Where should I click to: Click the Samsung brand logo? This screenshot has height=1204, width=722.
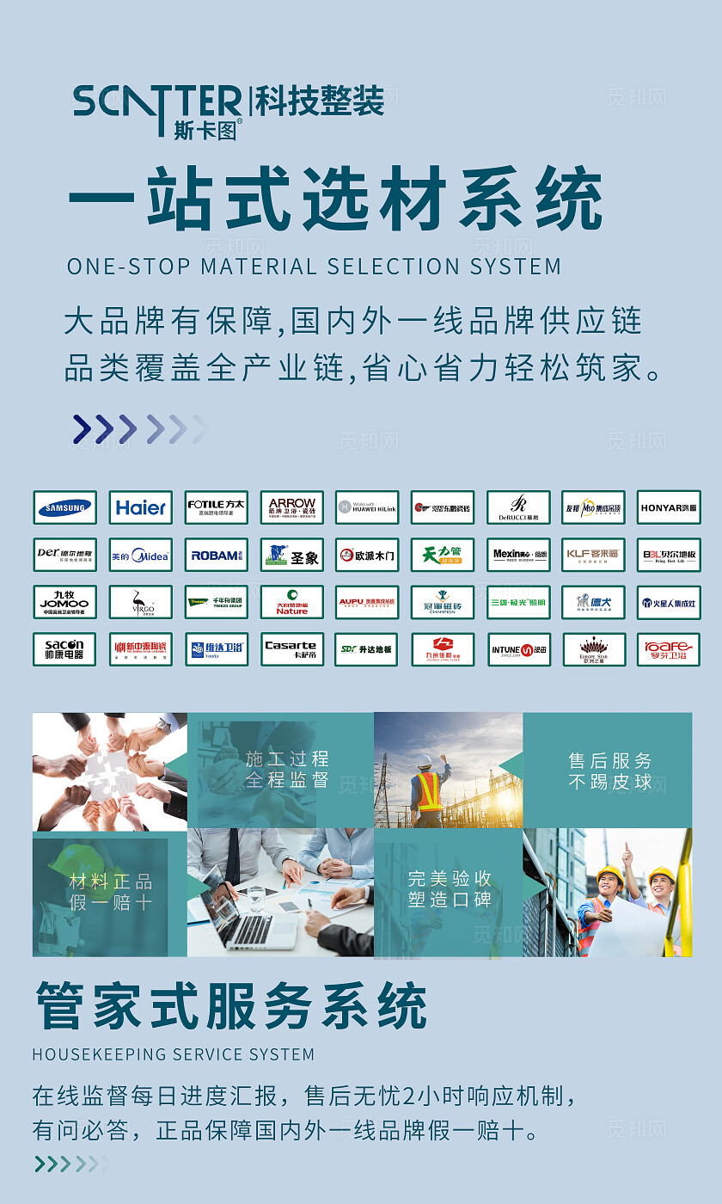click(x=65, y=507)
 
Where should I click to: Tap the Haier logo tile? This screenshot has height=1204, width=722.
click(x=141, y=507)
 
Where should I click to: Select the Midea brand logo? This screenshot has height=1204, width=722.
click(x=141, y=556)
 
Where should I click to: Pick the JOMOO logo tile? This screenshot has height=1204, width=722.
click(x=65, y=603)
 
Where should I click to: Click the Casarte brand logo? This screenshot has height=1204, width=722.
click(x=291, y=649)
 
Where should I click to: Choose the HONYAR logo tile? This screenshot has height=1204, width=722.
click(x=669, y=507)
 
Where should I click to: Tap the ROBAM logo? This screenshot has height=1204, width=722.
click(x=217, y=556)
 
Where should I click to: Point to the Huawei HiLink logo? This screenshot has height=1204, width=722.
click(x=367, y=507)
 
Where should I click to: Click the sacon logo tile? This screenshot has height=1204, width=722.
click(x=65, y=649)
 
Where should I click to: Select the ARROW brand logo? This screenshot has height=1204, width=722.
click(x=291, y=507)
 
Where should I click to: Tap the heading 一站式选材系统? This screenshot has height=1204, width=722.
click(x=334, y=200)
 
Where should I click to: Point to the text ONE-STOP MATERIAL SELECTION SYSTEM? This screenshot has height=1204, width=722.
click(x=314, y=267)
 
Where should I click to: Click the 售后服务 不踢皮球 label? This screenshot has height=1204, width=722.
click(x=610, y=771)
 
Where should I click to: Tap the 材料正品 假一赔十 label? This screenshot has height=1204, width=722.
click(x=111, y=892)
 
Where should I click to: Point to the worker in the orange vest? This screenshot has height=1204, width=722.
click(x=429, y=787)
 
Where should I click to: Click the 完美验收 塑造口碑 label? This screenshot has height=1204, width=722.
click(x=450, y=889)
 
